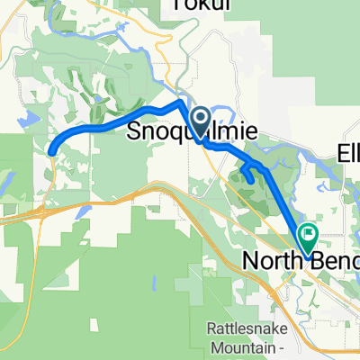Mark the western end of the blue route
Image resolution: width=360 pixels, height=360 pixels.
pyautogui.click(x=50, y=153)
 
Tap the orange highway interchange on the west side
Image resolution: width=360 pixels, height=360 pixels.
pyautogui.click(x=47, y=212)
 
